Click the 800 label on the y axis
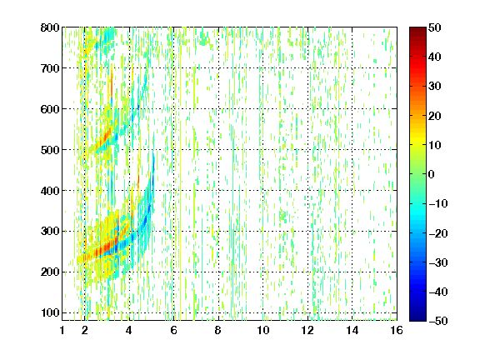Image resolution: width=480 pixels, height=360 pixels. click(x=50, y=27)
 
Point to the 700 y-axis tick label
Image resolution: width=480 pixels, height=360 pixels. click(x=50, y=68)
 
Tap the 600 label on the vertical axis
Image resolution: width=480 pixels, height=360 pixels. click(x=50, y=109)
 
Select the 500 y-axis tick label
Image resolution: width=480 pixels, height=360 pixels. click(x=50, y=150)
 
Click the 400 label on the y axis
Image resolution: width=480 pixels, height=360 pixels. click(x=50, y=190)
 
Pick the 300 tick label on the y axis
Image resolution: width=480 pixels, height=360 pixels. click(x=50, y=231)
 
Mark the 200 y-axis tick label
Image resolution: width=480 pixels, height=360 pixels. click(x=50, y=272)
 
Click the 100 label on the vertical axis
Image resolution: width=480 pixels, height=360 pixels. click(x=50, y=312)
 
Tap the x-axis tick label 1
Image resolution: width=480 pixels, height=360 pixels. click(x=62, y=330)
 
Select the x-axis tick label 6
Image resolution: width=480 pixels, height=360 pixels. click(x=174, y=330)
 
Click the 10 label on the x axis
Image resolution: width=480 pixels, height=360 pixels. click(x=263, y=330)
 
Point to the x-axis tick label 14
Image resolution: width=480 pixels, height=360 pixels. click(x=352, y=330)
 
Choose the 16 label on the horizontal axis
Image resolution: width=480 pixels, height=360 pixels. click(x=397, y=330)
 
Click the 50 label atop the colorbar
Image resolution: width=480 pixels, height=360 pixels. click(x=435, y=27)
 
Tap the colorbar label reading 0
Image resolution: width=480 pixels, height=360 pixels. click(x=432, y=174)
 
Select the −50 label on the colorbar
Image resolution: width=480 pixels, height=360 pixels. click(x=438, y=321)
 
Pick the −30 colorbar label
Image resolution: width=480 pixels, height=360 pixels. click(x=438, y=262)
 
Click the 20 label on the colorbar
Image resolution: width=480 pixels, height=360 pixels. click(x=435, y=116)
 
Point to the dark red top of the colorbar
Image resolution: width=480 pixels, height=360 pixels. click(x=417, y=31)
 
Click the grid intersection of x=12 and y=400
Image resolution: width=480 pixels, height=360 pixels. click(x=307, y=190)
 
